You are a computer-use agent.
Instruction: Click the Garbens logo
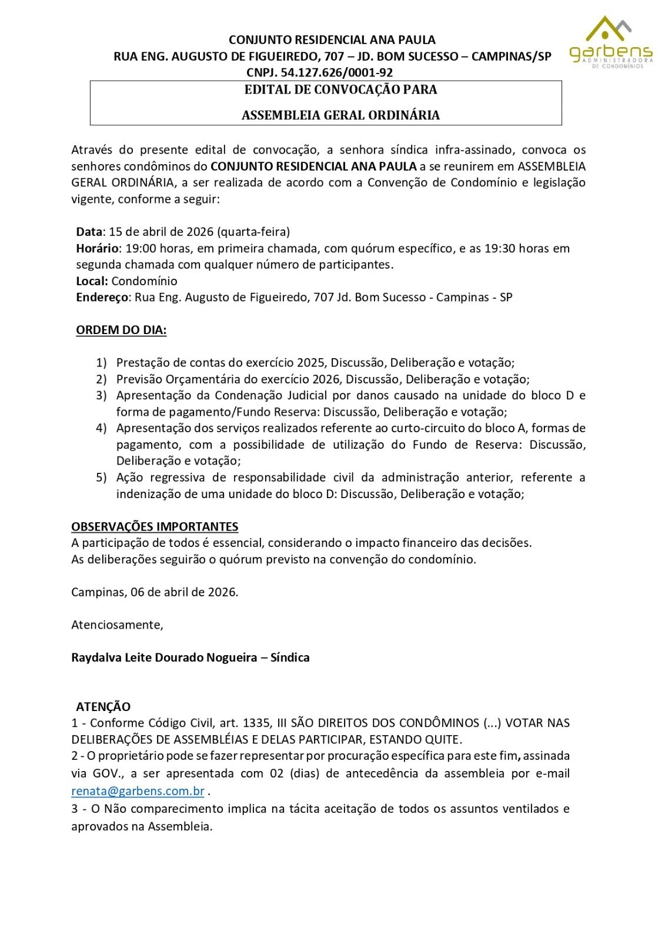coord(610,42)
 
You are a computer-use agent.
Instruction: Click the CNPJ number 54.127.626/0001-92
coord(337,72)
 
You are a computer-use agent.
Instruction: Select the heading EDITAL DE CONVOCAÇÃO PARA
coord(340,90)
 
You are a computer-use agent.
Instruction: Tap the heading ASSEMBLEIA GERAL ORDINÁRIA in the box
coord(340,115)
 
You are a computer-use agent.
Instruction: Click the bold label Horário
coord(98,248)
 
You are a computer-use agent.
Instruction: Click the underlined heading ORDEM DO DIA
coord(121,330)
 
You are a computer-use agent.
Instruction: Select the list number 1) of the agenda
coord(102,363)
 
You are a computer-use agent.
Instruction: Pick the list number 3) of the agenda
coord(102,395)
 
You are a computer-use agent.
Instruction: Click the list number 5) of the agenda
coord(102,478)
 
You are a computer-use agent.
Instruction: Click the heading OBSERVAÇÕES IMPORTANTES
coord(155,526)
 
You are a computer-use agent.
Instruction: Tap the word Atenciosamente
coord(117,625)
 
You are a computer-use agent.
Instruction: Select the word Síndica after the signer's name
coord(290,658)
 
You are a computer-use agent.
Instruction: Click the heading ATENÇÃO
coord(103,706)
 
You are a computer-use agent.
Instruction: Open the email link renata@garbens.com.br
coord(138,791)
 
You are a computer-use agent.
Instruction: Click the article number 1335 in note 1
coord(257,723)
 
